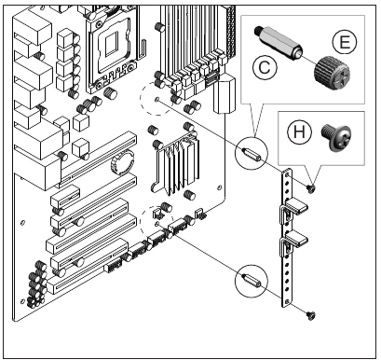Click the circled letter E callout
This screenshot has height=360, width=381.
pyautogui.click(x=345, y=42)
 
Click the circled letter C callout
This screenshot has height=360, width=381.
pyautogui.click(x=265, y=67)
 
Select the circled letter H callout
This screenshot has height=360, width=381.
pyautogui.click(x=300, y=132)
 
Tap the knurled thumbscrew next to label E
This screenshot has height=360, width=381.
pyautogui.click(x=332, y=74)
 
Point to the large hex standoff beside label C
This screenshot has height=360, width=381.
pyautogui.click(x=279, y=43)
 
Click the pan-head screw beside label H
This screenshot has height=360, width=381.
pyautogui.click(x=336, y=138)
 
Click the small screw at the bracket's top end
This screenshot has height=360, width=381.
pyautogui.click(x=310, y=188)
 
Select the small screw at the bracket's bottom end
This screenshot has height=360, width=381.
pyautogui.click(x=311, y=316)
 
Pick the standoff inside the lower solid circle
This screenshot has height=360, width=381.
pyautogui.click(x=251, y=281)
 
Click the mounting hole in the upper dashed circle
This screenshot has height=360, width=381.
pyautogui.click(x=156, y=100)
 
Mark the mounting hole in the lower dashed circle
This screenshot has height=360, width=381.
pyautogui.click(x=156, y=224)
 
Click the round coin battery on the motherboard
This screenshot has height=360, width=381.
pyautogui.click(x=122, y=162)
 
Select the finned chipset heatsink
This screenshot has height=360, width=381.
pyautogui.click(x=176, y=164)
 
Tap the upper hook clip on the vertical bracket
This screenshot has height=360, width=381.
pyautogui.click(x=293, y=211)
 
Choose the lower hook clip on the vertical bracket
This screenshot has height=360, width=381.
pyautogui.click(x=293, y=242)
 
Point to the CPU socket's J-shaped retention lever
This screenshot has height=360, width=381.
pyautogui.click(x=142, y=49)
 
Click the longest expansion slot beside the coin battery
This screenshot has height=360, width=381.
pyautogui.click(x=97, y=159)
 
